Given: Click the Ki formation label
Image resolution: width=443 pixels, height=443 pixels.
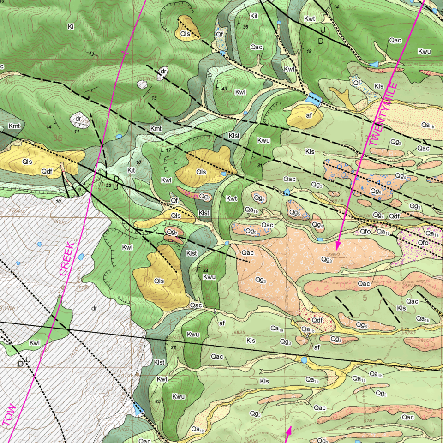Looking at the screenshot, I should (x=71, y=27).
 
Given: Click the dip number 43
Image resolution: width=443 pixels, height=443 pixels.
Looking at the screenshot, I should (x=224, y=89).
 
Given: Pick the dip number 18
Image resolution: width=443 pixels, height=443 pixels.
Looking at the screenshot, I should (x=309, y=51).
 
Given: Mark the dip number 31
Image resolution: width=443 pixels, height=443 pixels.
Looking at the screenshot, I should (x=260, y=166).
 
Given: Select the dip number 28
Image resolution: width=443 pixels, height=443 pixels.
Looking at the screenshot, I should (x=174, y=347).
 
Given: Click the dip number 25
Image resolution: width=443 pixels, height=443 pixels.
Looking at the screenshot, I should (x=158, y=401).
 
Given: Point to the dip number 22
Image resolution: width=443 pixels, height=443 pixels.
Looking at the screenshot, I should (x=108, y=185).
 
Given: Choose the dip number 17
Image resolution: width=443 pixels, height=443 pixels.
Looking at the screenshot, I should (x=168, y=150).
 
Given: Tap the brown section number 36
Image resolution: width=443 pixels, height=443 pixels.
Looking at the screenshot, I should (x=58, y=138).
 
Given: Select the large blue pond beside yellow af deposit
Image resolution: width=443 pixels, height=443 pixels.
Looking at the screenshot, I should (x=315, y=98).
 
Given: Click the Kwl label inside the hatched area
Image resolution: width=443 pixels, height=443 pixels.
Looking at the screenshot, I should (x=35, y=343).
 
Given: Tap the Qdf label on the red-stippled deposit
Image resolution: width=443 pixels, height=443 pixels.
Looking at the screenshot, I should (x=317, y=320).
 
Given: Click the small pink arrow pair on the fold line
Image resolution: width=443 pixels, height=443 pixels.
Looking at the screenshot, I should (x=289, y=433).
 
